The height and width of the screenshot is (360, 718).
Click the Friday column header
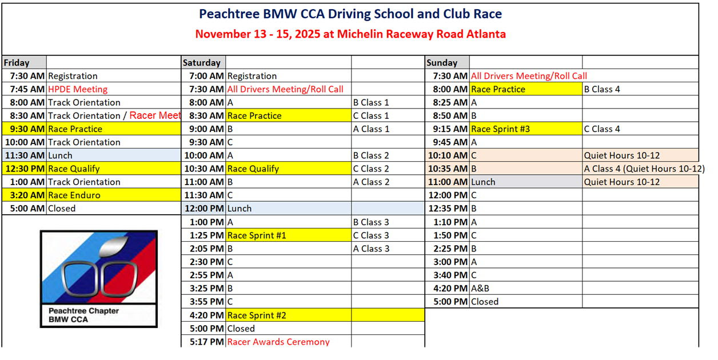(x=17, y=62)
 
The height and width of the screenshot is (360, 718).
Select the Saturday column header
(x=202, y=62)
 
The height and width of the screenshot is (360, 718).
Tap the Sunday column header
(x=442, y=62)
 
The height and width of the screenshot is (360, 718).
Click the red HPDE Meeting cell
(x=78, y=89)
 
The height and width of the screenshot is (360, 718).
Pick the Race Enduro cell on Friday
(x=74, y=195)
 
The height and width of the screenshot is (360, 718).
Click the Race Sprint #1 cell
(x=257, y=235)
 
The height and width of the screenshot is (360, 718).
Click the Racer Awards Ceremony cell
(x=278, y=342)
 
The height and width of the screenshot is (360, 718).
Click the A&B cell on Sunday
(x=480, y=288)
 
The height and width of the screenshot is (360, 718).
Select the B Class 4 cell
(x=601, y=89)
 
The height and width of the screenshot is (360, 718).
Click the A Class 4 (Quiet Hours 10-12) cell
(x=644, y=169)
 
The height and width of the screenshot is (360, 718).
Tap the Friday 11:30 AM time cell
(x=25, y=155)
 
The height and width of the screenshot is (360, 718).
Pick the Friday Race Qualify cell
(x=74, y=169)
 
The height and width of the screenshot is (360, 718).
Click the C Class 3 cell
(x=371, y=235)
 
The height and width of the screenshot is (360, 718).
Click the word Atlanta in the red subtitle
(x=485, y=34)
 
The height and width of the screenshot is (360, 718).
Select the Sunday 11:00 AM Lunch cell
(x=483, y=182)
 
